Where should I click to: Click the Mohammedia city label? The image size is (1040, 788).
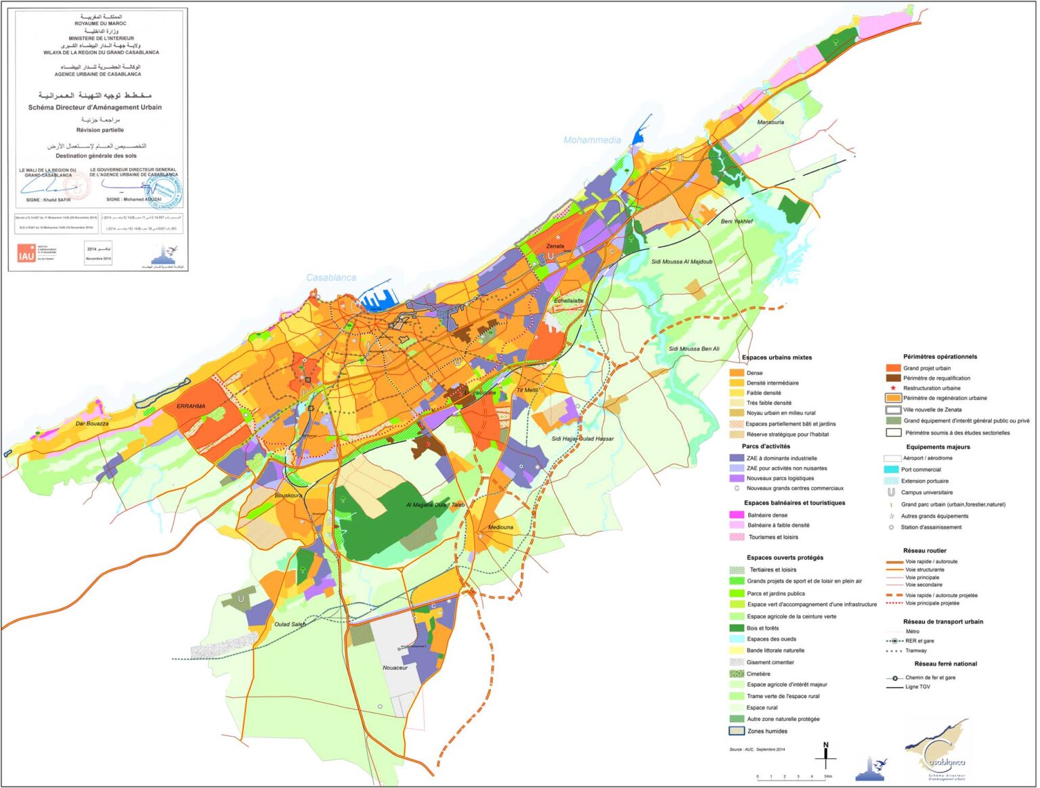tap(592, 140)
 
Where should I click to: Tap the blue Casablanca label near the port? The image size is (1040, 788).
tap(331, 278)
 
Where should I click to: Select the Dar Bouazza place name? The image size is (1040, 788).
tap(92, 424)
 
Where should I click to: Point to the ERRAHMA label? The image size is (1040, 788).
tap(191, 406)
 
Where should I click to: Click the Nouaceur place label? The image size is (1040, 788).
tap(395, 668)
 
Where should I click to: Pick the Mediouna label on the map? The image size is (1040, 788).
tap(501, 527)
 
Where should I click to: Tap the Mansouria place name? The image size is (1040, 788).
tap(771, 123)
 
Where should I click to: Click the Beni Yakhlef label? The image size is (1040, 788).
tap(737, 221)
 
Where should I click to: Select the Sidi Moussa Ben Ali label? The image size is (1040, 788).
tap(694, 349)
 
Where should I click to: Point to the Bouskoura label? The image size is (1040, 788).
tap(288, 496)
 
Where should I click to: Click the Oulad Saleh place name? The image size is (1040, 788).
tap(290, 624)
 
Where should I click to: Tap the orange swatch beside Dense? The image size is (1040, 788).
tap(737, 373)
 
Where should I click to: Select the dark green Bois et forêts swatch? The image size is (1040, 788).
tap(737, 628)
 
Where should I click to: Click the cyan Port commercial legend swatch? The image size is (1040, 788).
tap(892, 470)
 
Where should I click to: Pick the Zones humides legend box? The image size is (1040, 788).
tap(737, 731)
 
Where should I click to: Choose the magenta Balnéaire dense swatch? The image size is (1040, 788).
tap(737, 515)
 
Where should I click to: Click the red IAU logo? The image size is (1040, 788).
tap(26, 254)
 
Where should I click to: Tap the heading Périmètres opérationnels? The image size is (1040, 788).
tap(940, 357)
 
